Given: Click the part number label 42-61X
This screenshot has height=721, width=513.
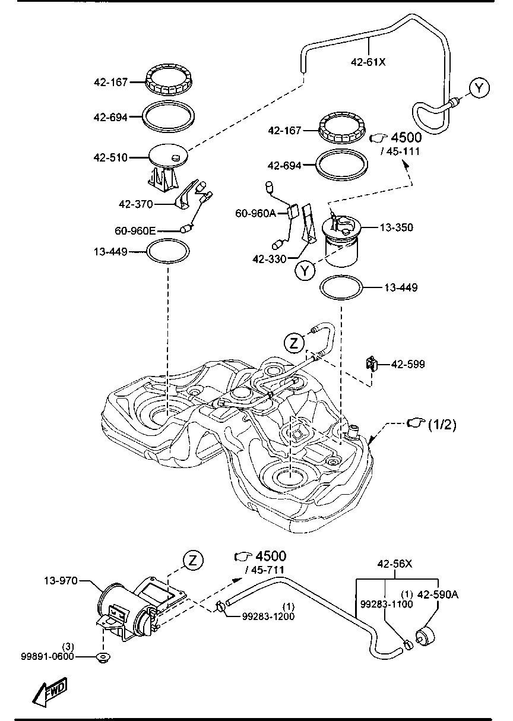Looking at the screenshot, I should tap(369, 61).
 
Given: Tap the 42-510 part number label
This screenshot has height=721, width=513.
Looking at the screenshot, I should tap(110, 158).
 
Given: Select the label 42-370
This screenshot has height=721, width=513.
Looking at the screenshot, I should tap(136, 204).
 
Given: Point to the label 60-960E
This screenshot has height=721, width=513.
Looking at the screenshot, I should tap(135, 230).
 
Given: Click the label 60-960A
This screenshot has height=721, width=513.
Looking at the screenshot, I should tap(256, 213).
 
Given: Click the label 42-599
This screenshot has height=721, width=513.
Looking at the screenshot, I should tap(407, 364).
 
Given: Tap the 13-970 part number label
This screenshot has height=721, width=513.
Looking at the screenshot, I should tap(60, 580).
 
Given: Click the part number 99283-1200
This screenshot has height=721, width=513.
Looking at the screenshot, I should tap(268, 616).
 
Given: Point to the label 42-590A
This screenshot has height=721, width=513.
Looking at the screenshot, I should tap(438, 593).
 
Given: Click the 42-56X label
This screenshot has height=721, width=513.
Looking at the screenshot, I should tap(395, 564).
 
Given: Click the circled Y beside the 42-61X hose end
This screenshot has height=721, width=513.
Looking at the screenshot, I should tap(479, 88).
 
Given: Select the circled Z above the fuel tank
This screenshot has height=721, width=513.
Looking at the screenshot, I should tap(293, 343).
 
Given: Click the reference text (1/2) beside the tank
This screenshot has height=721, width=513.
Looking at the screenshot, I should tap(441, 424).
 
